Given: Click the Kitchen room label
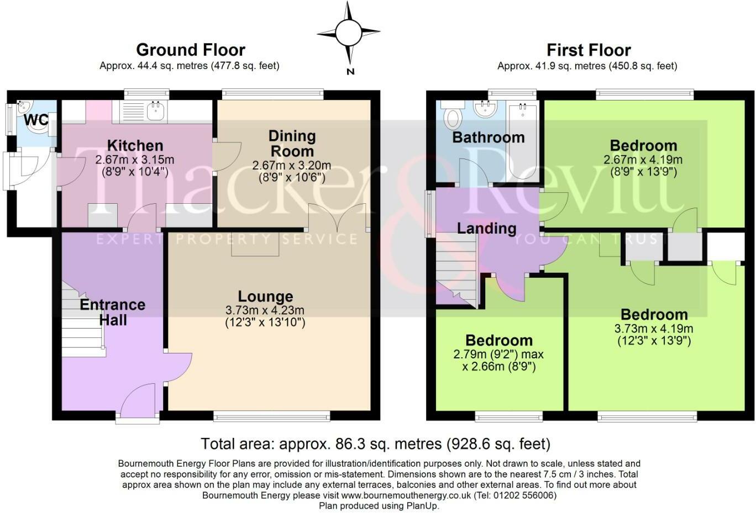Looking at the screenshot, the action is click(135, 146).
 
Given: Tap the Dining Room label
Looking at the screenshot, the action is click(292, 144).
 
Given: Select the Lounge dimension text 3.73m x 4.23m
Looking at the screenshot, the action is click(265, 310).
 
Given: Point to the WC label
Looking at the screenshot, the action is click(36, 120).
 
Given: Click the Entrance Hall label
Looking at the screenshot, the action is click(113, 313).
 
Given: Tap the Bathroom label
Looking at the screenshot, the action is click(489, 137).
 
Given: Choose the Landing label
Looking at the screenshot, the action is click(487, 228).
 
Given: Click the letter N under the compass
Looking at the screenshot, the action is click(350, 71).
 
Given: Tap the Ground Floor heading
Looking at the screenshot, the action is click(191, 50).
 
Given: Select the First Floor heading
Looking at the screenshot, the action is click(589, 50).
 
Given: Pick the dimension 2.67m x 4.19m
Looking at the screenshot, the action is click(643, 160).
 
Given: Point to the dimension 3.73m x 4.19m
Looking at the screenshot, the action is click(654, 328).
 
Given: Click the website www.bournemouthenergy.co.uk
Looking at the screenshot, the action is click(406, 495).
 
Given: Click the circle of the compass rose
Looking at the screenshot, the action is click(349, 33).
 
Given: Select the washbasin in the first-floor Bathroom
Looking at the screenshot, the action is click(485, 109).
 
